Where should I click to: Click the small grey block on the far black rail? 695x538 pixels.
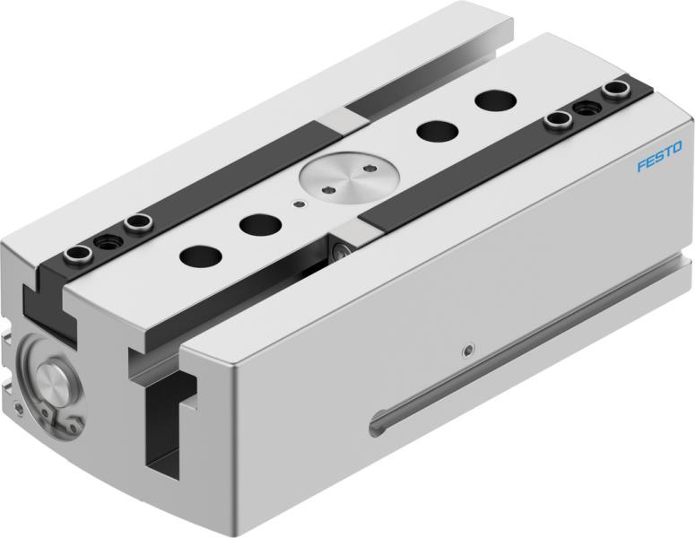pyautogui.click(x=336, y=118)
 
